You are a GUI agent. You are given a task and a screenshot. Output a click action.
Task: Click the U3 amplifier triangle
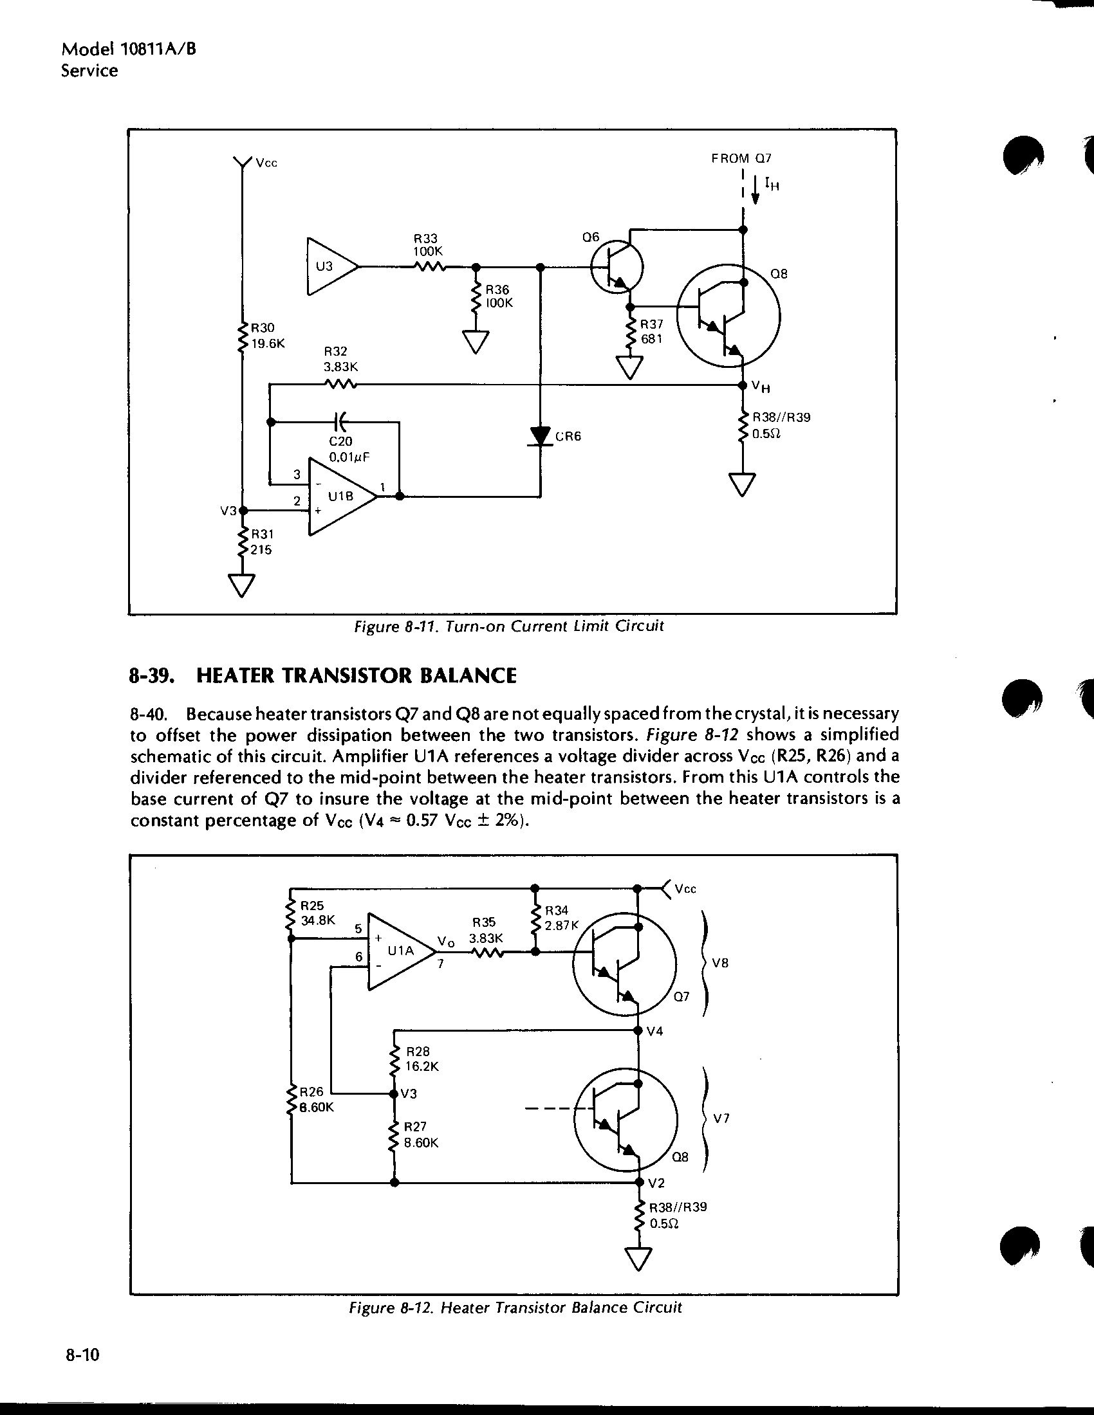[332, 266]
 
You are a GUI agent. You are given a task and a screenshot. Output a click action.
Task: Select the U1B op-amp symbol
[342, 497]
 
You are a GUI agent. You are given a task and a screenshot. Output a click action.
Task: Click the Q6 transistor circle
[617, 267]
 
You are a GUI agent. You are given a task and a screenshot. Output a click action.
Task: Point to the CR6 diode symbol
[541, 437]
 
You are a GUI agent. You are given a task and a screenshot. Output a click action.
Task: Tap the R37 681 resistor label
[652, 331]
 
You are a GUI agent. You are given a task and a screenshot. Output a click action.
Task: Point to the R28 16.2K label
[422, 1059]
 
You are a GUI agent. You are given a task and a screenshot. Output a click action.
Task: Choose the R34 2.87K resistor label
[560, 918]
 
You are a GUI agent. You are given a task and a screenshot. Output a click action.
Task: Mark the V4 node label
[655, 1031]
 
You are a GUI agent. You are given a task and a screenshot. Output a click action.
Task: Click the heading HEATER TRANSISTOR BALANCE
[357, 676]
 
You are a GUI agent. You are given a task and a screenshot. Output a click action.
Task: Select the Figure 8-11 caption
[509, 626]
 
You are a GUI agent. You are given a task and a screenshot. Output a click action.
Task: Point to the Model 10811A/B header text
[128, 50]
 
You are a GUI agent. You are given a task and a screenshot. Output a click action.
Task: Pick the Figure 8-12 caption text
[515, 1308]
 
